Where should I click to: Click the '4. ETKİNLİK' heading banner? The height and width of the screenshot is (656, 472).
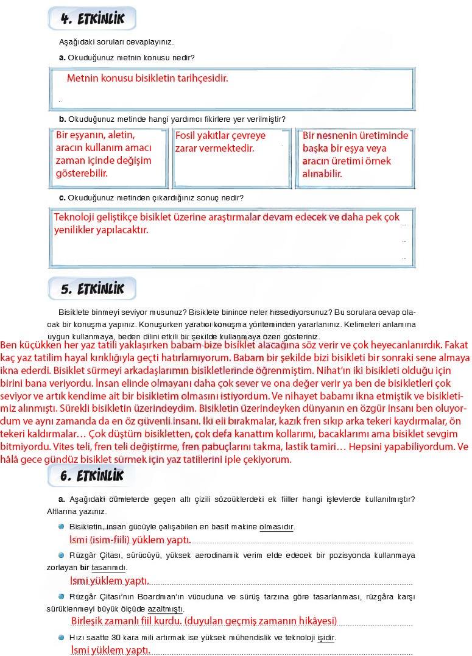(x=93, y=19)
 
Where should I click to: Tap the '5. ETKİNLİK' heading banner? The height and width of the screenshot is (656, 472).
(x=93, y=289)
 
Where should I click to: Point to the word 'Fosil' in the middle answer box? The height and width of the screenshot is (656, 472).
(x=186, y=136)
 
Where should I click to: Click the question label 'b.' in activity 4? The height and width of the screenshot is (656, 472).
(x=62, y=119)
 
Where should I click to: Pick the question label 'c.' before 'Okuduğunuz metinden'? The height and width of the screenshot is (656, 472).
(x=62, y=198)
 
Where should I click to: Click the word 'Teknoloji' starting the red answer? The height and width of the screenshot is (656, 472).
(x=76, y=217)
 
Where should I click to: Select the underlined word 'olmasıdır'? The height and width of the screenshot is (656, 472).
(x=277, y=526)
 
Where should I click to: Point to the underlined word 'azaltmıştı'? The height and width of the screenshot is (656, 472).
(x=166, y=608)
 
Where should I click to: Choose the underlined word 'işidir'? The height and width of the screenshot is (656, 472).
(x=326, y=637)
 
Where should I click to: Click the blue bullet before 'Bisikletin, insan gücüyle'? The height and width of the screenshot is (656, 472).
(x=62, y=526)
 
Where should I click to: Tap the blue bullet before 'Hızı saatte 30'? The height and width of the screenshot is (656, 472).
(x=62, y=637)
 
